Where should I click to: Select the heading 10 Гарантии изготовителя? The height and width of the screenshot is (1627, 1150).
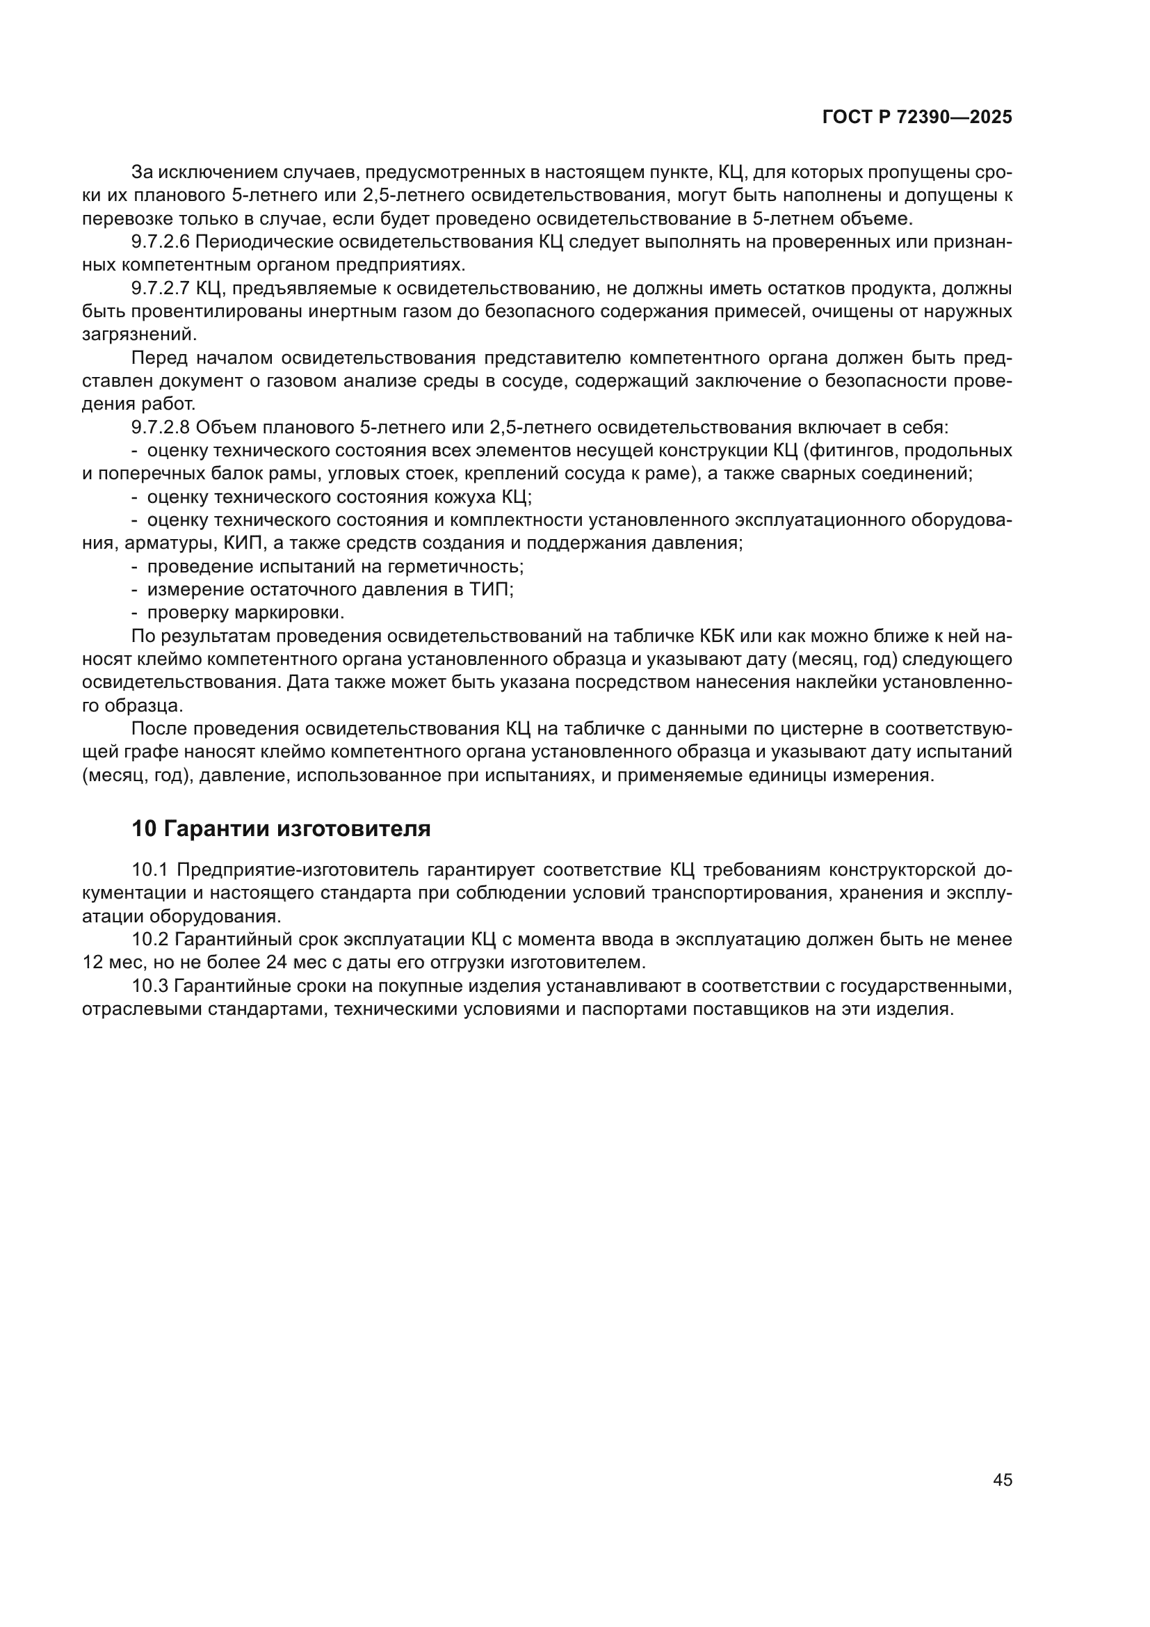tap(281, 828)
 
